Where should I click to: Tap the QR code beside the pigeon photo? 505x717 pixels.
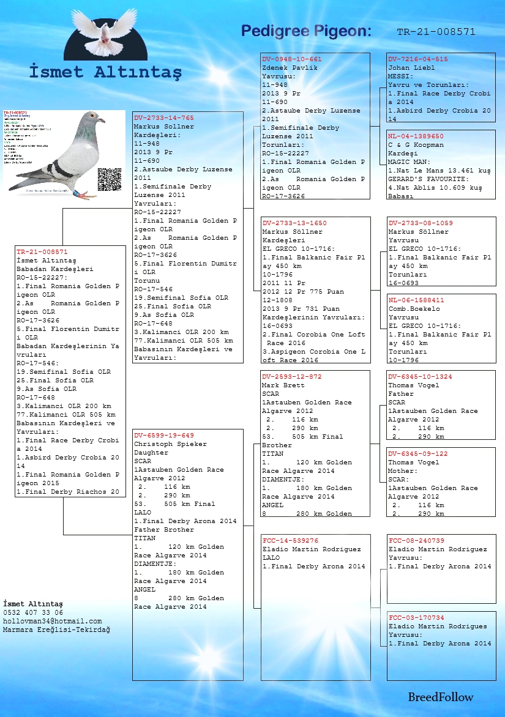110,179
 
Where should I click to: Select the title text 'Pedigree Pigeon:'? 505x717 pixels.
306,31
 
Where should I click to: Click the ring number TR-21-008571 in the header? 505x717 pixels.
436,32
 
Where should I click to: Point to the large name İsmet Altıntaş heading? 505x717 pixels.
105,72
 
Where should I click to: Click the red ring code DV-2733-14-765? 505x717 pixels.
164,117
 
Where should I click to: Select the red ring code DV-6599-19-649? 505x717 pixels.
164,436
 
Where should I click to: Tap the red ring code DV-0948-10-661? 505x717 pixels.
292,59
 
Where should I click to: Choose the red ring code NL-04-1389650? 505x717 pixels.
416,136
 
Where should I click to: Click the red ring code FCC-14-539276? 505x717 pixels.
290,541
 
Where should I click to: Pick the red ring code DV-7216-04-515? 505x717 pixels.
418,59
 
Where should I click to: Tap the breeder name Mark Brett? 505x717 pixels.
283,385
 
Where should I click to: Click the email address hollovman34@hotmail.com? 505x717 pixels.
52,621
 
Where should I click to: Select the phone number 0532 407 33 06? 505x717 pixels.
33,612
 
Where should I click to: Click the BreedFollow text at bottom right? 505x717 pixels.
441,697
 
